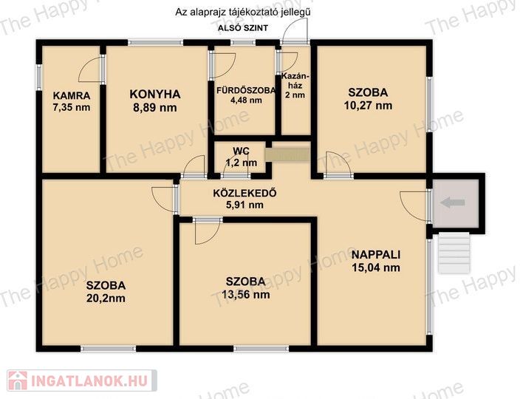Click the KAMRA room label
click(72, 96)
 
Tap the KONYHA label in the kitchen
click(155, 94)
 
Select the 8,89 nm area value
click(154, 108)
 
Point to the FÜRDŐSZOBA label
click(246, 90)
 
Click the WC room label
click(241, 151)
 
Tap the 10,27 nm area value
click(368, 106)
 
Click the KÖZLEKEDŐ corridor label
click(244, 193)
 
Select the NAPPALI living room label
click(376, 255)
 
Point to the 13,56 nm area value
click(245, 295)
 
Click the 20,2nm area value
click(106, 299)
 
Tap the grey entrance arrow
click(452, 202)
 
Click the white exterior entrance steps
click(454, 253)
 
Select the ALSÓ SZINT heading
click(243, 28)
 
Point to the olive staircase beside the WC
click(287, 155)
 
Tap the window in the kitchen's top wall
click(156, 42)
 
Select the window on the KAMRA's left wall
click(39, 77)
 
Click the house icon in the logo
click(18, 381)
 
